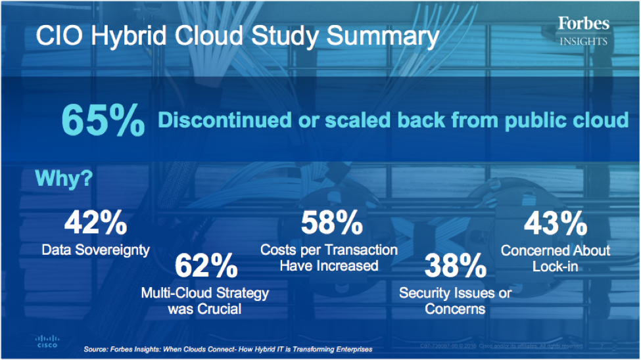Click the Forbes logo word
(x=584, y=24)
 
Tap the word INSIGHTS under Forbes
(x=584, y=41)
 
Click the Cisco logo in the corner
(x=46, y=342)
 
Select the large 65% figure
(x=103, y=120)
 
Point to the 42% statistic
(x=95, y=224)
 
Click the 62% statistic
(x=206, y=265)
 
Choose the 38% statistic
(x=455, y=265)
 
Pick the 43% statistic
(x=555, y=224)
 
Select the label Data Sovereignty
(x=95, y=250)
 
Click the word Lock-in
(x=556, y=267)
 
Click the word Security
(x=429, y=293)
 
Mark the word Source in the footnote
(x=97, y=349)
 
